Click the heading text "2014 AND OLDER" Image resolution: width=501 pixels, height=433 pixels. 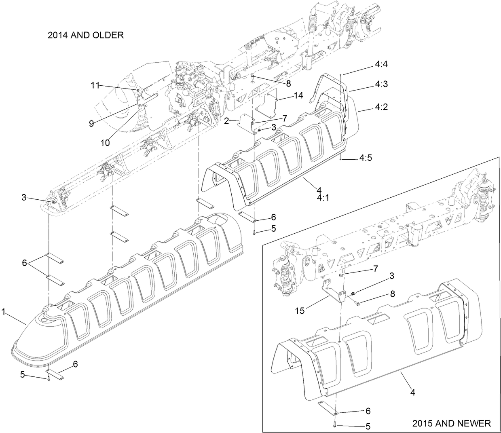[x=85, y=35]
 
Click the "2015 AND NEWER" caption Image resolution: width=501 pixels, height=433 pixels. [x=451, y=423]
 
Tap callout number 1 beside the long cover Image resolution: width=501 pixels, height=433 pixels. [x=3, y=313]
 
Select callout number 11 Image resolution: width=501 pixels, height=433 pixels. [x=95, y=85]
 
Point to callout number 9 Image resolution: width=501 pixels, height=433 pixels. [x=92, y=124]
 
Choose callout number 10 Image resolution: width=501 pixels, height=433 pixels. [x=105, y=142]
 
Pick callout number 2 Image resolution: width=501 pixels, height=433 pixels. [x=227, y=120]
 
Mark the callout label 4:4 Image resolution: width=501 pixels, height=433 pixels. [x=381, y=64]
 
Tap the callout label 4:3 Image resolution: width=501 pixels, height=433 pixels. [x=381, y=84]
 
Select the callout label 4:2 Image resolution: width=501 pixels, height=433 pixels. [x=381, y=108]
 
